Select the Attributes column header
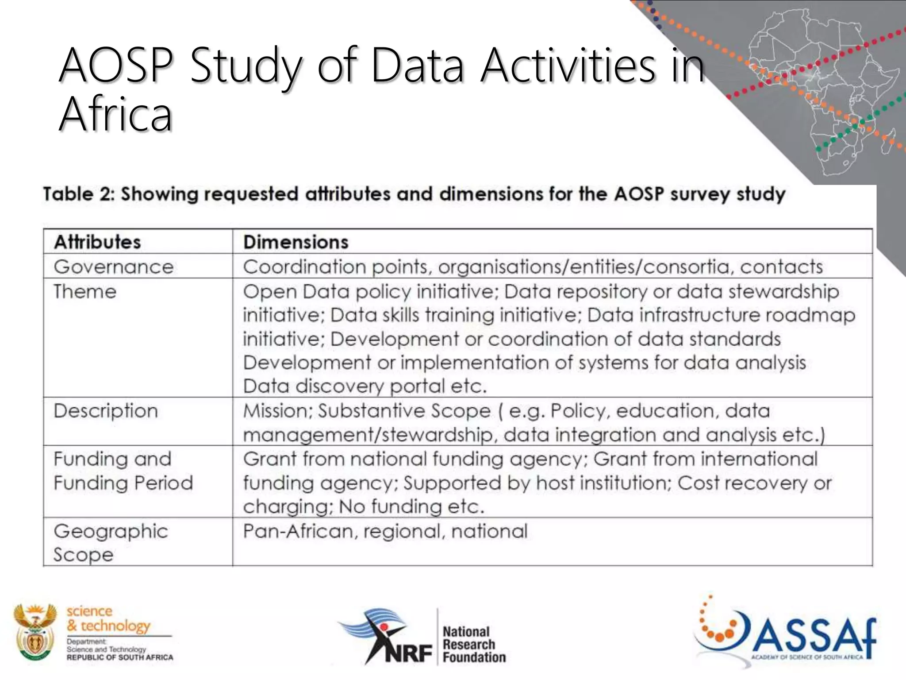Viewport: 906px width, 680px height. (x=97, y=242)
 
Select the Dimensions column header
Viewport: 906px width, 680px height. (x=296, y=242)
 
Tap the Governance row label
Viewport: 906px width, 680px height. (x=114, y=267)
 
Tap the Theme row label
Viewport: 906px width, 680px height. (x=85, y=292)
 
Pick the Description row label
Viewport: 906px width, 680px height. (x=106, y=411)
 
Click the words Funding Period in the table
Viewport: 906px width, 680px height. (x=123, y=483)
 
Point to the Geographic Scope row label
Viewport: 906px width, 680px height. (x=111, y=542)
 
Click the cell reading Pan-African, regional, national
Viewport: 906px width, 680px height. (x=385, y=531)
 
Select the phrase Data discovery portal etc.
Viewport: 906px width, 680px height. (x=365, y=386)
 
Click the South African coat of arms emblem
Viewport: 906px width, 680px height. (x=35, y=632)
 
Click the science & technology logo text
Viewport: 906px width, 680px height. (x=108, y=618)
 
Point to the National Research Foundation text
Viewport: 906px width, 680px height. (x=473, y=644)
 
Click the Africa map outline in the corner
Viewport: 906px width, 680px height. (x=823, y=89)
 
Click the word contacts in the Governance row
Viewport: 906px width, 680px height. (x=781, y=267)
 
